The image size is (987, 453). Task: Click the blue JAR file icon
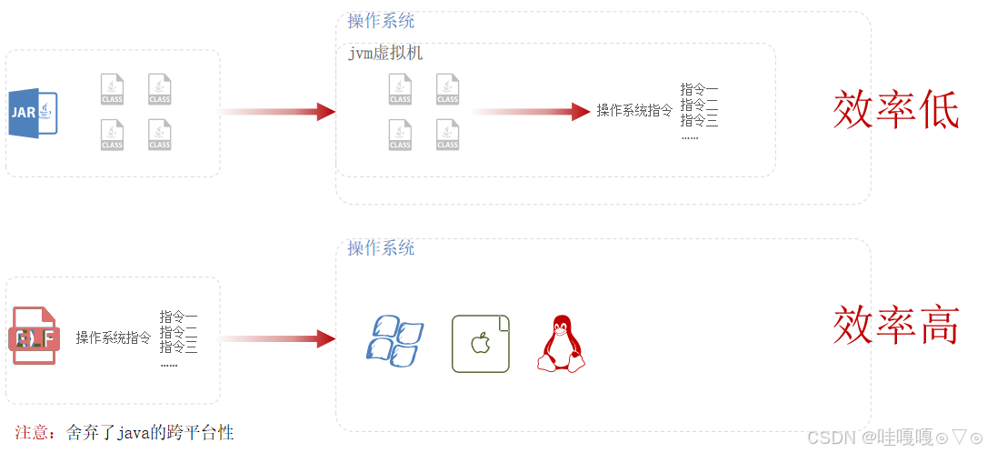click(34, 113)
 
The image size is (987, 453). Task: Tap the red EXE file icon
click(35, 337)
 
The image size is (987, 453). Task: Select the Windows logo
click(394, 341)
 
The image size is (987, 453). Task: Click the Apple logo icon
click(481, 344)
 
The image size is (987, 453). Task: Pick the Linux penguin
click(561, 344)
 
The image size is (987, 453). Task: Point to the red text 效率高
click(896, 325)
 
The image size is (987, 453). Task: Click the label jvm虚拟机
click(385, 54)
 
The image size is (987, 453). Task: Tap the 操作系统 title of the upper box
click(381, 21)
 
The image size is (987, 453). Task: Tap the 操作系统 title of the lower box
click(381, 248)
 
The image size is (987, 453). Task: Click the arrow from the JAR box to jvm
click(278, 112)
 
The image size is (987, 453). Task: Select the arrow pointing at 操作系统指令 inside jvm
click(532, 112)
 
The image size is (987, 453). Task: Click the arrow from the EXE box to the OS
click(278, 339)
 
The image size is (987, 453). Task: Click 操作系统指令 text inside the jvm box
click(634, 111)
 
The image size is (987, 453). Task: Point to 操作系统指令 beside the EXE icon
click(114, 337)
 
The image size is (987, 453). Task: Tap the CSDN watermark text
click(832, 437)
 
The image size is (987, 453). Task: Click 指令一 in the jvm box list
click(699, 90)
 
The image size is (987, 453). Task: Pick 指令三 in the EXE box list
click(178, 347)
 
